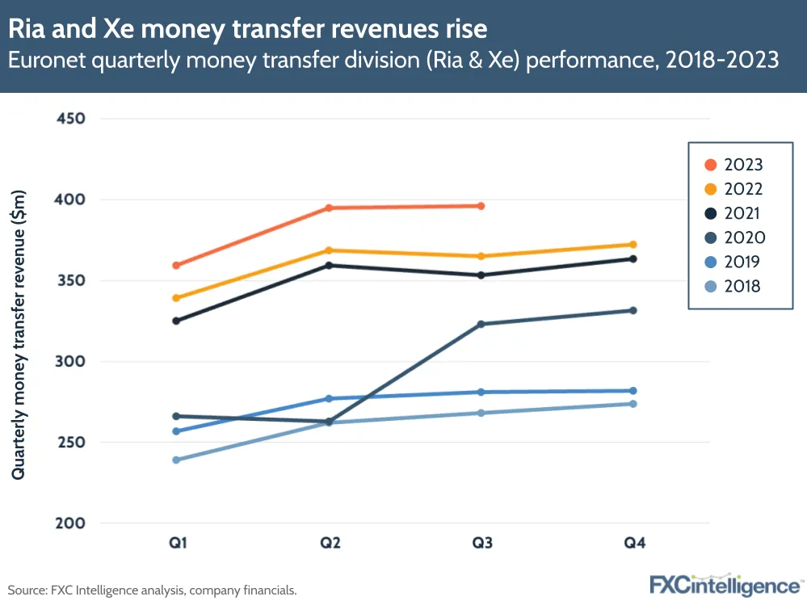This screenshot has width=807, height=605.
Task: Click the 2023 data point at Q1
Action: pos(176,266)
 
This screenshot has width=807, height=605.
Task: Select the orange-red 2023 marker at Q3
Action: pos(481,206)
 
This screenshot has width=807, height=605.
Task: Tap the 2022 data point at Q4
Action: pos(633,245)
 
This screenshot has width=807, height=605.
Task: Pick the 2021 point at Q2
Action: pos(329,266)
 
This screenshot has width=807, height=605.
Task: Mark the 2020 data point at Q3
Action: pos(481,325)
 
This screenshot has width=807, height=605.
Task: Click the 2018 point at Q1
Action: pos(176,460)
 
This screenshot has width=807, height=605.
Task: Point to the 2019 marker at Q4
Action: pos(633,391)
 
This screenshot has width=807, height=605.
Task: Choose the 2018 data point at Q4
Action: pos(633,404)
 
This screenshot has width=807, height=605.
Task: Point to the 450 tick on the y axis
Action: pos(70,119)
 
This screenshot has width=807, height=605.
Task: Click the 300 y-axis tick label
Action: pos(70,362)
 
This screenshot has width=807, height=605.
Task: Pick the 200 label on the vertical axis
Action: pos(70,523)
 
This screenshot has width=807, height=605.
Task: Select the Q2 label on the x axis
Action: pos(329,543)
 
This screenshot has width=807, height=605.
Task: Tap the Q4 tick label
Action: pos(634,543)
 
